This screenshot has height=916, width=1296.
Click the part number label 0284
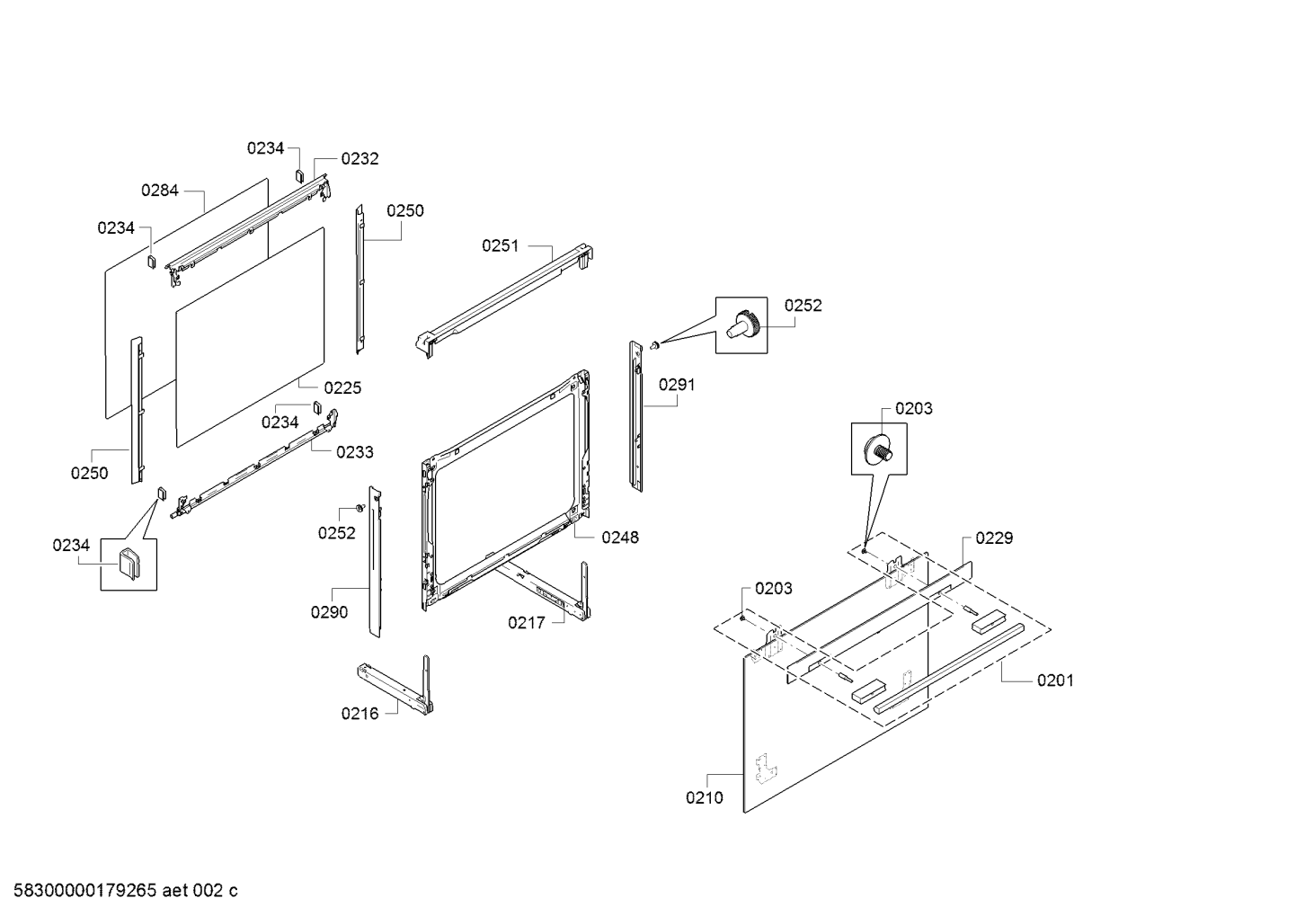[160, 190]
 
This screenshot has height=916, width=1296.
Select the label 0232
[360, 158]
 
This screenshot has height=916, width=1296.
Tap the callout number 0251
[501, 245]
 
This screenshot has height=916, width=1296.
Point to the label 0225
[342, 387]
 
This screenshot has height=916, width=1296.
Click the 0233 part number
[355, 452]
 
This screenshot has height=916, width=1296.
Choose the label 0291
[677, 385]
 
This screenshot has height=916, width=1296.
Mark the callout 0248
[620, 538]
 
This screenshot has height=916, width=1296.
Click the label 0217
[526, 622]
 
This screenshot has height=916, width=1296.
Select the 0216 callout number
[360, 714]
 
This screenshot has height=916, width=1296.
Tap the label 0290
[330, 612]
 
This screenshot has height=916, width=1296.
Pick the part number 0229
[994, 538]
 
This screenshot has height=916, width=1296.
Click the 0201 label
[1055, 680]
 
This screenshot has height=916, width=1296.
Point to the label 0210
[704, 797]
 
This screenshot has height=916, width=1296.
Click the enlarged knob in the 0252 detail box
[744, 325]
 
